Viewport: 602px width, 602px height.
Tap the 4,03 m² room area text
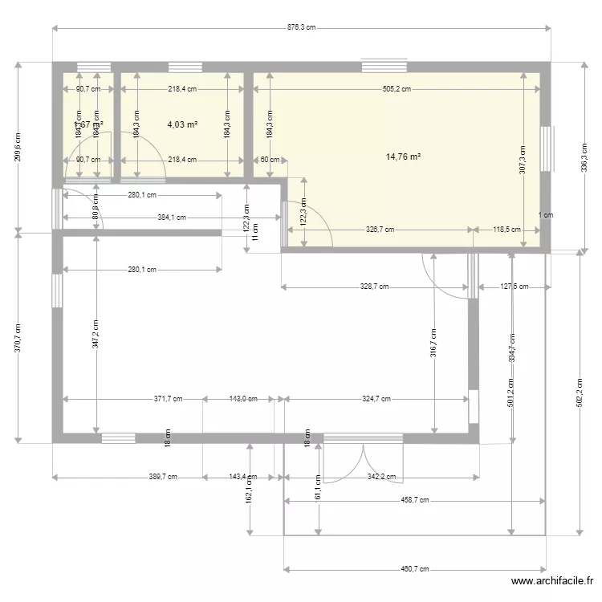pos(181,125)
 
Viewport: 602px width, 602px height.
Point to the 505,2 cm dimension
pos(397,90)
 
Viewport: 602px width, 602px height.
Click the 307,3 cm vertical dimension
pos(523,159)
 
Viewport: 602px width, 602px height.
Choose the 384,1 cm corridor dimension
pos(171,218)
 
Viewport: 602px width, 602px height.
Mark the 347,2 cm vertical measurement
pos(96,333)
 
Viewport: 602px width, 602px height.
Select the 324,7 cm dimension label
pos(376,399)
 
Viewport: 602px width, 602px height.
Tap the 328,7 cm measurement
pos(374,287)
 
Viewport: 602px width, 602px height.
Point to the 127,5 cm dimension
pos(514,287)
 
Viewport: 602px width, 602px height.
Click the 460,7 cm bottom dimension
pos(415,569)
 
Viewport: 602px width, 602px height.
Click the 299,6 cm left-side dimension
pos(18,147)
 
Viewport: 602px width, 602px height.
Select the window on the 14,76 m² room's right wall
pos(546,149)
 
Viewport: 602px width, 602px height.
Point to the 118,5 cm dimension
pos(506,230)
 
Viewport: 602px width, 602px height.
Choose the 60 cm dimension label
pos(270,160)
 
